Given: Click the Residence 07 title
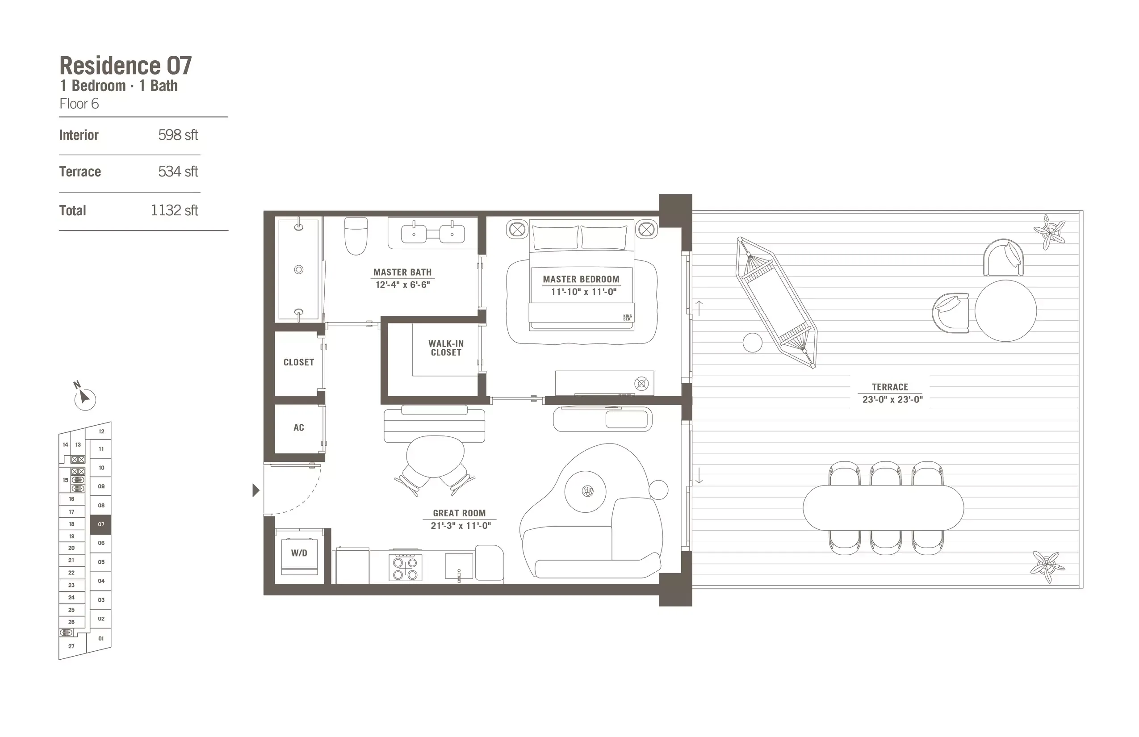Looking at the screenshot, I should [x=126, y=66].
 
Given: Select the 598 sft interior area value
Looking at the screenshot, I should [x=178, y=135].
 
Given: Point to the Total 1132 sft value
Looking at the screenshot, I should [x=174, y=210].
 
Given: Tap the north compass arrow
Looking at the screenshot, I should [x=85, y=397].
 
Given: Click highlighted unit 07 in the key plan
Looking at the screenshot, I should [x=101, y=524].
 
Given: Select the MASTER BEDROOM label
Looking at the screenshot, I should [x=581, y=280].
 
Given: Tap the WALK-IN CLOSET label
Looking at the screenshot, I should [x=446, y=348].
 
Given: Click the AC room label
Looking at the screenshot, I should [x=299, y=428].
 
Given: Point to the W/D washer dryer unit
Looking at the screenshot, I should [x=299, y=554].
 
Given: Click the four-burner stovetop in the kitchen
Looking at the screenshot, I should [x=406, y=568].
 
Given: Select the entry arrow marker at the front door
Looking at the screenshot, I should [x=256, y=490].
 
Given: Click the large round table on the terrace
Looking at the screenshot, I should [x=1005, y=310].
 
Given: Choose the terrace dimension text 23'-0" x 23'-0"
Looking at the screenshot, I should [x=892, y=400].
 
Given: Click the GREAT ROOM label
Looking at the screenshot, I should [x=459, y=513].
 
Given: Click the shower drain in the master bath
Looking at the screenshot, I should [x=299, y=269].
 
